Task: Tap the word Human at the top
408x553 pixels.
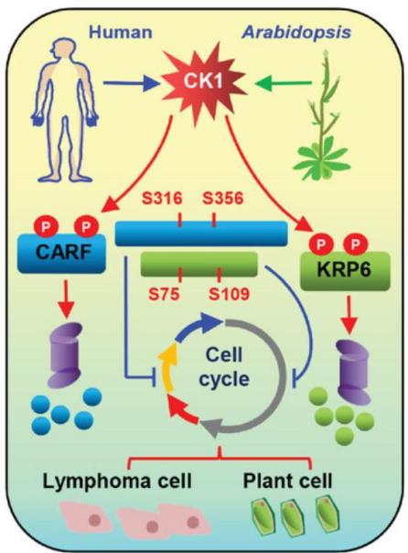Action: (121, 32)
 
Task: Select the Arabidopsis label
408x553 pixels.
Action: (296, 32)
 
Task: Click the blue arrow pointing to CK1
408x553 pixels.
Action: (131, 83)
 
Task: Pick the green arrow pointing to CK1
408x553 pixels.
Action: (284, 83)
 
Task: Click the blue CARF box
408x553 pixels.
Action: (61, 253)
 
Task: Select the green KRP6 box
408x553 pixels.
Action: (345, 271)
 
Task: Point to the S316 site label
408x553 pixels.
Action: (162, 198)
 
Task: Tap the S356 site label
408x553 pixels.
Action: (222, 198)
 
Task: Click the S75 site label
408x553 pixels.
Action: (164, 293)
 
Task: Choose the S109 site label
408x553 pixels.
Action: (229, 293)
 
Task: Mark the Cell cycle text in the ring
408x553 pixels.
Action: (224, 367)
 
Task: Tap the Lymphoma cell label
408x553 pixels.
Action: (117, 481)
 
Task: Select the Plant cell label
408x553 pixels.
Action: (287, 481)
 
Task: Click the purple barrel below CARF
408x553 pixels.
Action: (66, 355)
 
